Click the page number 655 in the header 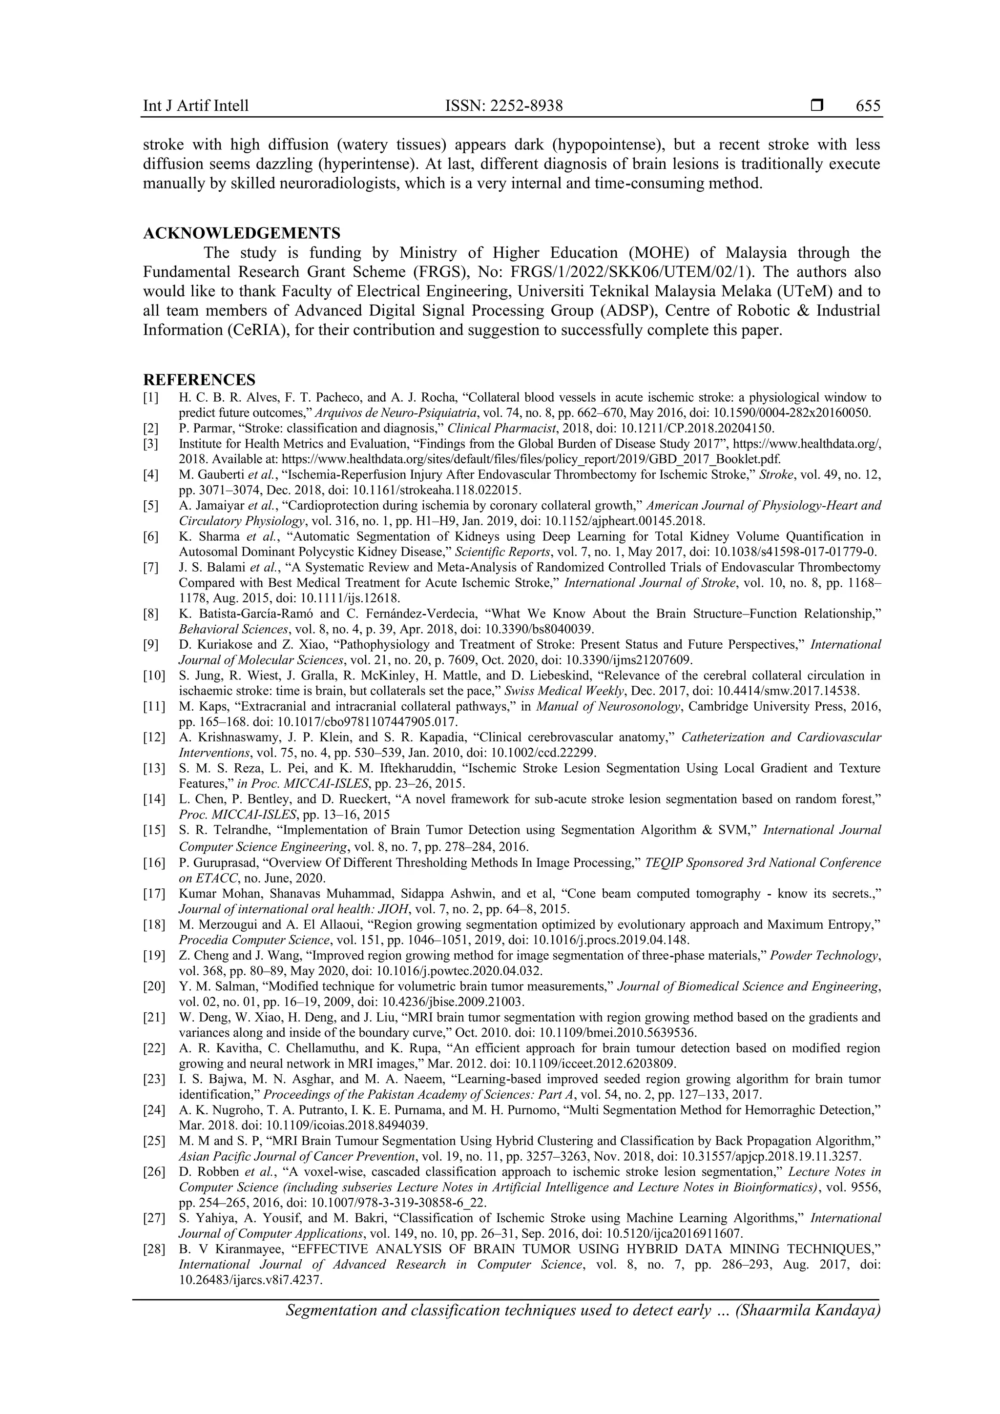point(868,106)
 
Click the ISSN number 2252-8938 point(527,106)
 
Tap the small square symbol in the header point(817,105)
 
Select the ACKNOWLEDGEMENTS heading point(242,233)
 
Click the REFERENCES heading point(199,379)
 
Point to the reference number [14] point(154,799)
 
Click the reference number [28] point(154,1249)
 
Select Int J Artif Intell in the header point(196,106)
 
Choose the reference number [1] point(151,397)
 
